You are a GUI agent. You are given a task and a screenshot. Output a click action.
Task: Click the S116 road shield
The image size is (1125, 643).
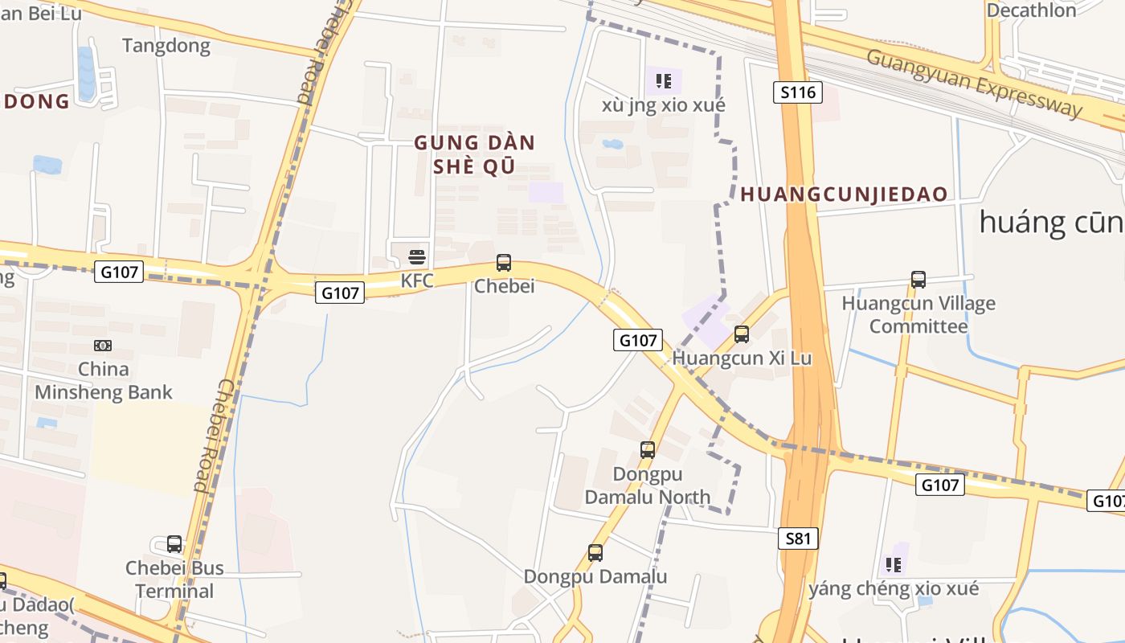pyautogui.click(x=798, y=92)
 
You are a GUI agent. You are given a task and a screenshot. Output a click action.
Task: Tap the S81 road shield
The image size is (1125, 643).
pyautogui.click(x=798, y=539)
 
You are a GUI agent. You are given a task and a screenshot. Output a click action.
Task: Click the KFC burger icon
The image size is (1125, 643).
pyautogui.click(x=417, y=257)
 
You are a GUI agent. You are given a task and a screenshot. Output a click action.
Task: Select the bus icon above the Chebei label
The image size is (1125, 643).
pyautogui.click(x=504, y=262)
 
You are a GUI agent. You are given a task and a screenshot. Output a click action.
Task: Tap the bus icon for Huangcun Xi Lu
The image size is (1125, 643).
pyautogui.click(x=742, y=334)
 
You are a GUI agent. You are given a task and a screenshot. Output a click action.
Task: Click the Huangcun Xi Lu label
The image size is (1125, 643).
pyautogui.click(x=742, y=358)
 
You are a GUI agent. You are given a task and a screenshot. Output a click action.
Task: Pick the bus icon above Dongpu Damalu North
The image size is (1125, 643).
pyautogui.click(x=648, y=450)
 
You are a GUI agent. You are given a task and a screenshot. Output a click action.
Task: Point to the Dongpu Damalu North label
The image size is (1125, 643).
pyautogui.click(x=648, y=485)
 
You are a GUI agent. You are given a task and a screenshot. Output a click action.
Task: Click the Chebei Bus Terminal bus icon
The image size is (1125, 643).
pyautogui.click(x=174, y=543)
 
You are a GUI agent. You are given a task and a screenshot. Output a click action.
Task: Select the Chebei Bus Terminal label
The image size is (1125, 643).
pyautogui.click(x=174, y=580)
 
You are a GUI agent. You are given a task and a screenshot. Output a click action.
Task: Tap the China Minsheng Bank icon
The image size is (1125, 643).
pyautogui.click(x=103, y=346)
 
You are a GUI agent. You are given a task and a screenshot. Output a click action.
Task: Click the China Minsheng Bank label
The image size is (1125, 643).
pyautogui.click(x=103, y=381)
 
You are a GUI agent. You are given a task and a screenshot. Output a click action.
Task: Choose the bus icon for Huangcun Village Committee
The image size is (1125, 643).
pyautogui.click(x=918, y=280)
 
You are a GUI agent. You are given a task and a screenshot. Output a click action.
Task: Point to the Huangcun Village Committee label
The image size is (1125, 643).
pyautogui.click(x=918, y=315)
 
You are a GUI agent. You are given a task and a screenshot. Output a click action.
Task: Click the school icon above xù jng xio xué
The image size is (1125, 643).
pyautogui.click(x=664, y=80)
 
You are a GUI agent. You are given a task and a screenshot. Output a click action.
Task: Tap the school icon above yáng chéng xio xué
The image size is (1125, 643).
pyautogui.click(x=894, y=565)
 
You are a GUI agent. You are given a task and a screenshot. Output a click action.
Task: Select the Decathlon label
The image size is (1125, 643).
pyautogui.click(x=1031, y=10)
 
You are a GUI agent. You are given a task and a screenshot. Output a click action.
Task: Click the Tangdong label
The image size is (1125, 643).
pyautogui.click(x=166, y=46)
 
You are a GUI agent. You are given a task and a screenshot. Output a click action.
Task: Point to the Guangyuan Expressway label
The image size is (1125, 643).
pyautogui.click(x=974, y=83)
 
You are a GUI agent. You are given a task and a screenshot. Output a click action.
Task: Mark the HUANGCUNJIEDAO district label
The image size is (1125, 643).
pyautogui.click(x=844, y=195)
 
